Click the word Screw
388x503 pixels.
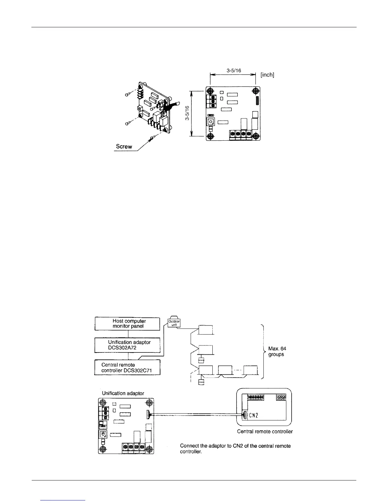pyautogui.click(x=124, y=147)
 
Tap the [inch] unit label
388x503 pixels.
pyautogui.click(x=267, y=75)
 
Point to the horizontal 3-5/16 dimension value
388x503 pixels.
pyautogui.click(x=234, y=71)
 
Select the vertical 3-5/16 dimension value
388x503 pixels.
pyautogui.click(x=187, y=113)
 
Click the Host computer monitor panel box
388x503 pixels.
pyautogui.click(x=127, y=324)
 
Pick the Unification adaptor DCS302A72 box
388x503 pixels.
pyautogui.click(x=127, y=345)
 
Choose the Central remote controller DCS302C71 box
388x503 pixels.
pyautogui.click(x=127, y=367)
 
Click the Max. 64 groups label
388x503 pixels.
pyautogui.click(x=277, y=351)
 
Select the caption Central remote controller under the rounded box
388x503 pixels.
pyautogui.click(x=265, y=432)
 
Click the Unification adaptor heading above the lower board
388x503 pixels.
pyautogui.click(x=123, y=393)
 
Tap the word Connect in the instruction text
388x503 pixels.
pyautogui.click(x=190, y=446)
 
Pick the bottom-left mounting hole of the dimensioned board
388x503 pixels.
pyautogui.click(x=210, y=137)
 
